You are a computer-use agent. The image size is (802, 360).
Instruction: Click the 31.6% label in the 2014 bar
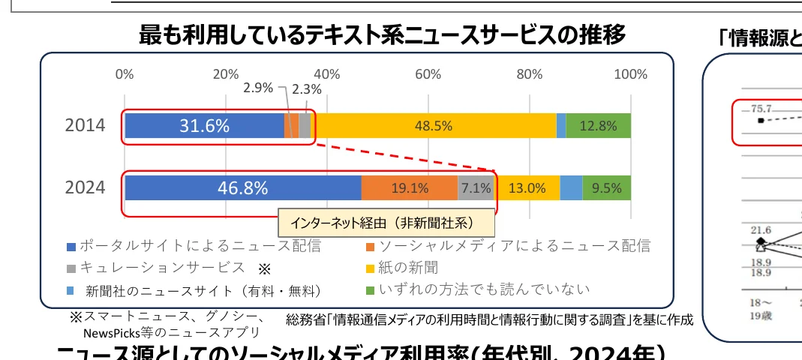[x=203, y=126]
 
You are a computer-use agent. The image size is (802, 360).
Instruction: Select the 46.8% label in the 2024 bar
[x=242, y=188]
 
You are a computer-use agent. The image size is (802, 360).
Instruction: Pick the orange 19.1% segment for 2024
[x=410, y=188]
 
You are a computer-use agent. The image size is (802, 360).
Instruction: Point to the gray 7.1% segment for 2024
[x=476, y=188]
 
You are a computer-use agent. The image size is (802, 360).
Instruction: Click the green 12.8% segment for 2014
[x=598, y=126]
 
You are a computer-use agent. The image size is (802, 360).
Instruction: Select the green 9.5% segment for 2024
[x=606, y=188]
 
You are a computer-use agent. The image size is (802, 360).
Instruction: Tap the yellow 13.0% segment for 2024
[x=527, y=188]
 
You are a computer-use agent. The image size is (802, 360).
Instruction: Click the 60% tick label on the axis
[x=428, y=74]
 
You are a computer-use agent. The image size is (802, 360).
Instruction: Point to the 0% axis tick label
[x=125, y=74]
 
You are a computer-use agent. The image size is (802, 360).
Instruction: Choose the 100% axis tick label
[x=630, y=74]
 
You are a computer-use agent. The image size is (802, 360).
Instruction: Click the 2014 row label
[x=85, y=126]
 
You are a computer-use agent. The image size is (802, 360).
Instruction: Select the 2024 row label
[x=85, y=188]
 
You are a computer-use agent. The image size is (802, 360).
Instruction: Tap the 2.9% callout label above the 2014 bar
[x=258, y=88]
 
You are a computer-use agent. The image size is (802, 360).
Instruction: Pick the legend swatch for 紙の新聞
[x=369, y=268]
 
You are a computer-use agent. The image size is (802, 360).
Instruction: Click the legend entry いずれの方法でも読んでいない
[x=485, y=289]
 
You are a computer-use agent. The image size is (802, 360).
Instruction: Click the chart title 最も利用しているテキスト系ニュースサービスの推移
[x=382, y=34]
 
